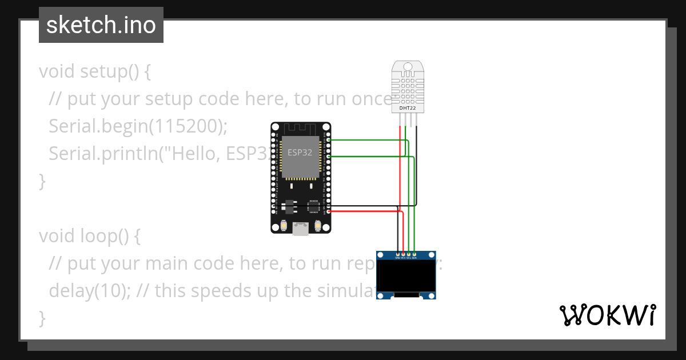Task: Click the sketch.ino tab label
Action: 101,26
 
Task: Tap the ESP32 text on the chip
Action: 300,153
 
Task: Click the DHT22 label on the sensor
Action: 408,107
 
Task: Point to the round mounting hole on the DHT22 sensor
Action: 408,67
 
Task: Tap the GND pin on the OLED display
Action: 398,254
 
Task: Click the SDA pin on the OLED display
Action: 414,254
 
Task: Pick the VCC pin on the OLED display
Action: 404,254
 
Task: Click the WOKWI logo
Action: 607,315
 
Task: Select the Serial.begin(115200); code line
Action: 138,126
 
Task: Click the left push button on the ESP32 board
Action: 284,227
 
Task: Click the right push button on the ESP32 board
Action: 317,227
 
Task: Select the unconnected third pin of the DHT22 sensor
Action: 410,119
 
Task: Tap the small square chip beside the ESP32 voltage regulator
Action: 313,206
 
